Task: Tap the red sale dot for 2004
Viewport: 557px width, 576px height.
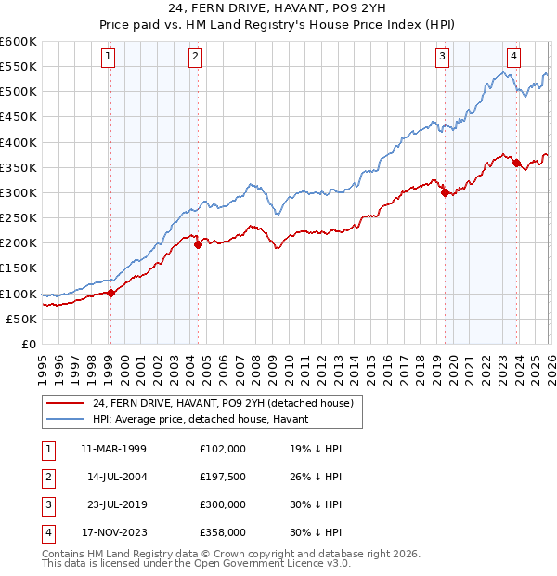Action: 198,245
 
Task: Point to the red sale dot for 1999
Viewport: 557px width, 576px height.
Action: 110,293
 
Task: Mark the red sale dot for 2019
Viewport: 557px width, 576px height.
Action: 445,193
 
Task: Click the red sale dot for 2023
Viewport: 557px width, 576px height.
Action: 516,164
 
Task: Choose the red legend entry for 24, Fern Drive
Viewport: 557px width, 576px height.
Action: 223,404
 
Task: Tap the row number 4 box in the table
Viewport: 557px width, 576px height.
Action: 45,532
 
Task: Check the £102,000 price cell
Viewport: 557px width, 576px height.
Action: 222,449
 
